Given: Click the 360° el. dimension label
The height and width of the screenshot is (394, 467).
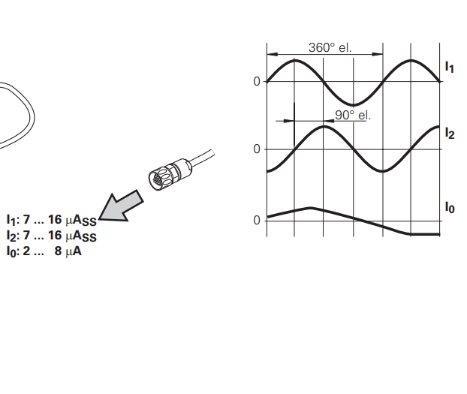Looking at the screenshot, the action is click(330, 47).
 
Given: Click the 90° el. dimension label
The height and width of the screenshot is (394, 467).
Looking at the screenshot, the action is click(353, 116).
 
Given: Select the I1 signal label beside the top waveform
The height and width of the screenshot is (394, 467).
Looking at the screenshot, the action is click(450, 67).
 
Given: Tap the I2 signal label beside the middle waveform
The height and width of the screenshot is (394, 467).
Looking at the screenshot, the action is click(450, 133).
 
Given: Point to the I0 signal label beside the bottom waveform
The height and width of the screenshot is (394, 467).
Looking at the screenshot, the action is click(450, 207).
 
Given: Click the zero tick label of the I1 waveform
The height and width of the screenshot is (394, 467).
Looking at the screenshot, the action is click(257, 81).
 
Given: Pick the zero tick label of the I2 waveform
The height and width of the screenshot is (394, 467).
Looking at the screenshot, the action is click(257, 149).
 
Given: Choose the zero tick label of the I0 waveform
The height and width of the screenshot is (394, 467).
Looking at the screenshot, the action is click(257, 221).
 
